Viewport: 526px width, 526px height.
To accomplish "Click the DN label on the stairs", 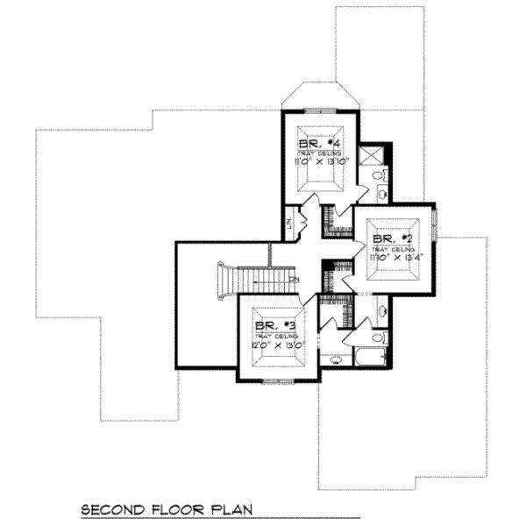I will coord(294,281).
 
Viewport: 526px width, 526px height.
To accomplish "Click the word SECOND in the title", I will coord(112,508).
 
